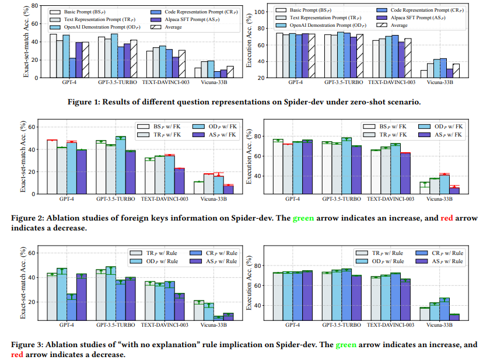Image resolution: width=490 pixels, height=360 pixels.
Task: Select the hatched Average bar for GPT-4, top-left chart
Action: pos(85,60)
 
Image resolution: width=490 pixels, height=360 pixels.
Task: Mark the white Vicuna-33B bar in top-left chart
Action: pos(198,72)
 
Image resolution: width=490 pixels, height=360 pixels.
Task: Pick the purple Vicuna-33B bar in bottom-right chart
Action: pos(454,317)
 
